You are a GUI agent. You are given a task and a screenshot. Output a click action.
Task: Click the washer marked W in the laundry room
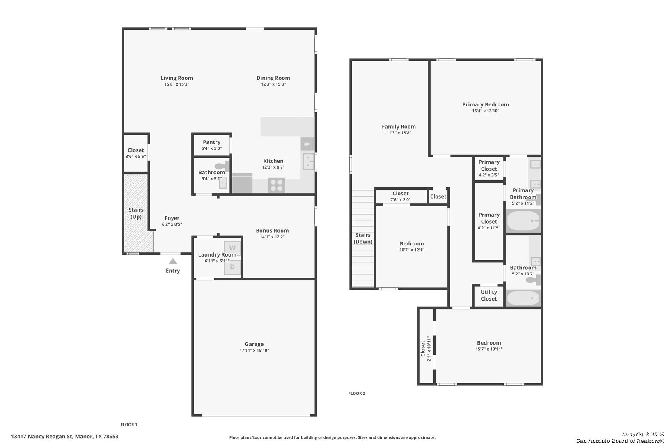[232, 248]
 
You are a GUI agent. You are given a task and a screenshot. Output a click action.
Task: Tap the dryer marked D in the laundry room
[232, 267]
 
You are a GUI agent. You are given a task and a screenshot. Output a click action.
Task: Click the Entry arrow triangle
[173, 261]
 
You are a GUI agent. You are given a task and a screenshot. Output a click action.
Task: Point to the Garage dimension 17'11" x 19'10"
[254, 350]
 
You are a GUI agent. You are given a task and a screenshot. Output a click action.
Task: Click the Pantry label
[212, 142]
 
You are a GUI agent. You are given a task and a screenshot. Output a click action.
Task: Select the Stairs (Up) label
[136, 213]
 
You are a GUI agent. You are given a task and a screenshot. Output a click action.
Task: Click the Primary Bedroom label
[485, 104]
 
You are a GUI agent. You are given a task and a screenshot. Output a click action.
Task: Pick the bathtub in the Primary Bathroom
[523, 221]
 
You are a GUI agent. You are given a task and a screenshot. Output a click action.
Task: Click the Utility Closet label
[488, 295]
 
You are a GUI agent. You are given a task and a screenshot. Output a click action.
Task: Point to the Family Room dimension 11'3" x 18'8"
[399, 133]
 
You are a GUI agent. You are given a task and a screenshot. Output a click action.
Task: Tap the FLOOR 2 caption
[357, 393]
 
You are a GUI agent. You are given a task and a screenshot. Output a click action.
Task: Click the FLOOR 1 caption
[129, 424]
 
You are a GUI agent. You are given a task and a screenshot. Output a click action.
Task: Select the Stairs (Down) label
[363, 238]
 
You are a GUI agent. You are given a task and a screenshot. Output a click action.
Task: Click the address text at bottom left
[65, 436]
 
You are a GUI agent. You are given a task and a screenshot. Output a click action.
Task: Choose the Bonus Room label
[272, 231]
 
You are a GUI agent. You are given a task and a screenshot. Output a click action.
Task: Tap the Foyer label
[172, 218]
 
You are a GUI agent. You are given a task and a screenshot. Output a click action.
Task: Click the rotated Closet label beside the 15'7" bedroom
[423, 349]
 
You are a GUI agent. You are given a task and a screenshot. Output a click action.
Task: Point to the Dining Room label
[273, 78]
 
